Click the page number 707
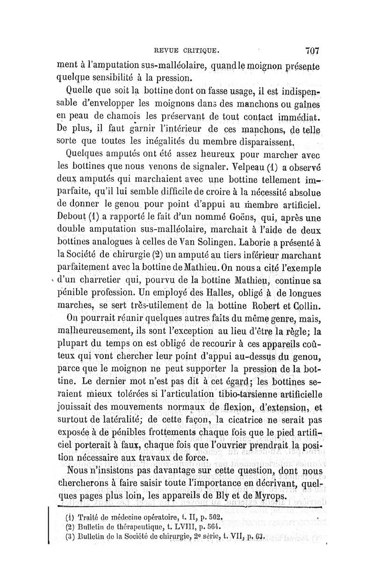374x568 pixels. [310, 50]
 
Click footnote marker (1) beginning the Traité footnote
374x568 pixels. [68, 518]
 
